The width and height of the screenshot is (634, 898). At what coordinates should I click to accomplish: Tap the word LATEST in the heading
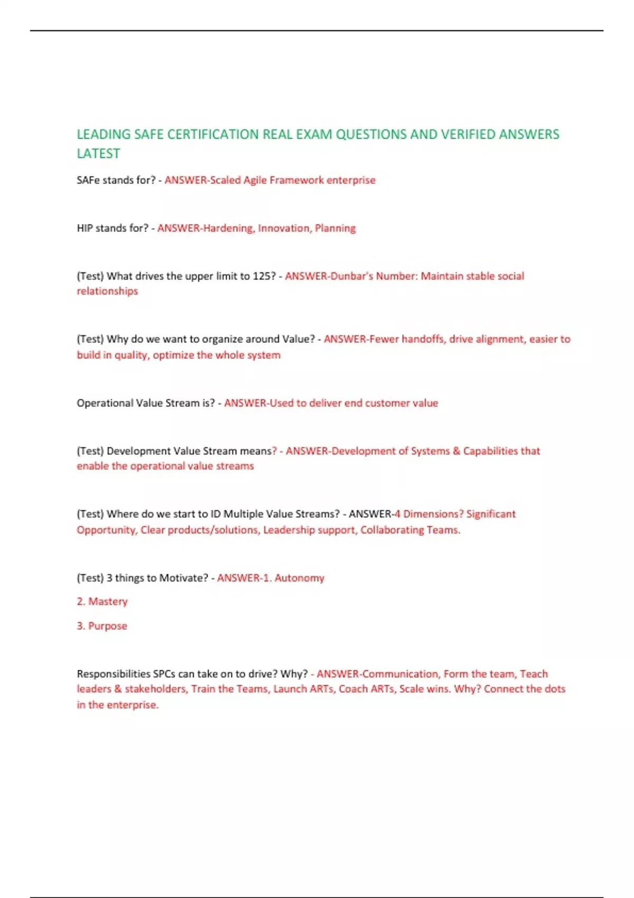pos(98,154)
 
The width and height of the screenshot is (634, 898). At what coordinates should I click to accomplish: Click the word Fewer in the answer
pos(384,339)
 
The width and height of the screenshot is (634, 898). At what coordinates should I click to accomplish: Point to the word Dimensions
pos(433,514)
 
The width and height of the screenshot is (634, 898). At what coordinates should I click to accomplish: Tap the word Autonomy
pos(299,578)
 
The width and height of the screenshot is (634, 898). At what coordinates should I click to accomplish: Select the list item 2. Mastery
pos(102,602)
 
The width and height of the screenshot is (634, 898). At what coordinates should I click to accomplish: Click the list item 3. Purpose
pos(102,626)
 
